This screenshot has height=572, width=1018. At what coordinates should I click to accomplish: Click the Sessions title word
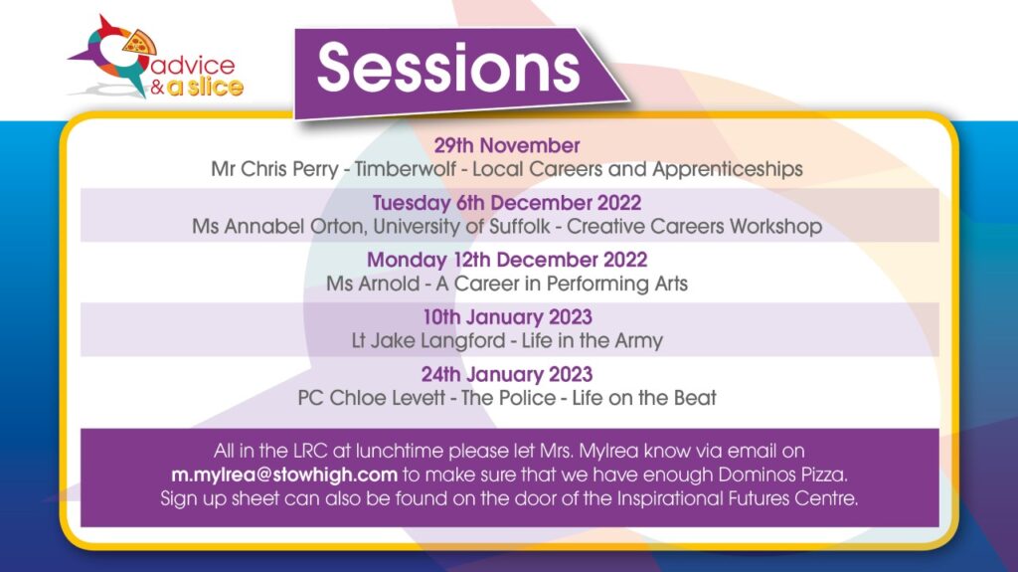pos(448,68)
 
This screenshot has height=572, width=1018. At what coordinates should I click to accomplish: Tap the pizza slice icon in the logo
pos(139,43)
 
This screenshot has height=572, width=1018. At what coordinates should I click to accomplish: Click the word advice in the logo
pos(193,65)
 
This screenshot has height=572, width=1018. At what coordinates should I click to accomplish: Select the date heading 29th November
pos(507,145)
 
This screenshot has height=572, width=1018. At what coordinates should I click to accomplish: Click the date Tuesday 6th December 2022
pos(507,203)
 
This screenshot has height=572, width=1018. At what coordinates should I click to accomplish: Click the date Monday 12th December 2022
pos(507,260)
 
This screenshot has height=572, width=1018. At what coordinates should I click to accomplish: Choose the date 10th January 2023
pos(508,317)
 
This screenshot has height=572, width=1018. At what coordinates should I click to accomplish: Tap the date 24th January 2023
pos(507,374)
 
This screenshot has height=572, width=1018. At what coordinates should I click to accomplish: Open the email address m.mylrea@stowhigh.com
pos(284,476)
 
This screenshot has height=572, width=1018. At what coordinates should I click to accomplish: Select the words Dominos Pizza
pos(783,476)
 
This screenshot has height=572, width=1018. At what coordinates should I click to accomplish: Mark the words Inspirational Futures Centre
pos(737,498)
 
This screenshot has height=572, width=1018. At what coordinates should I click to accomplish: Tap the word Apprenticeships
pos(728,170)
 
